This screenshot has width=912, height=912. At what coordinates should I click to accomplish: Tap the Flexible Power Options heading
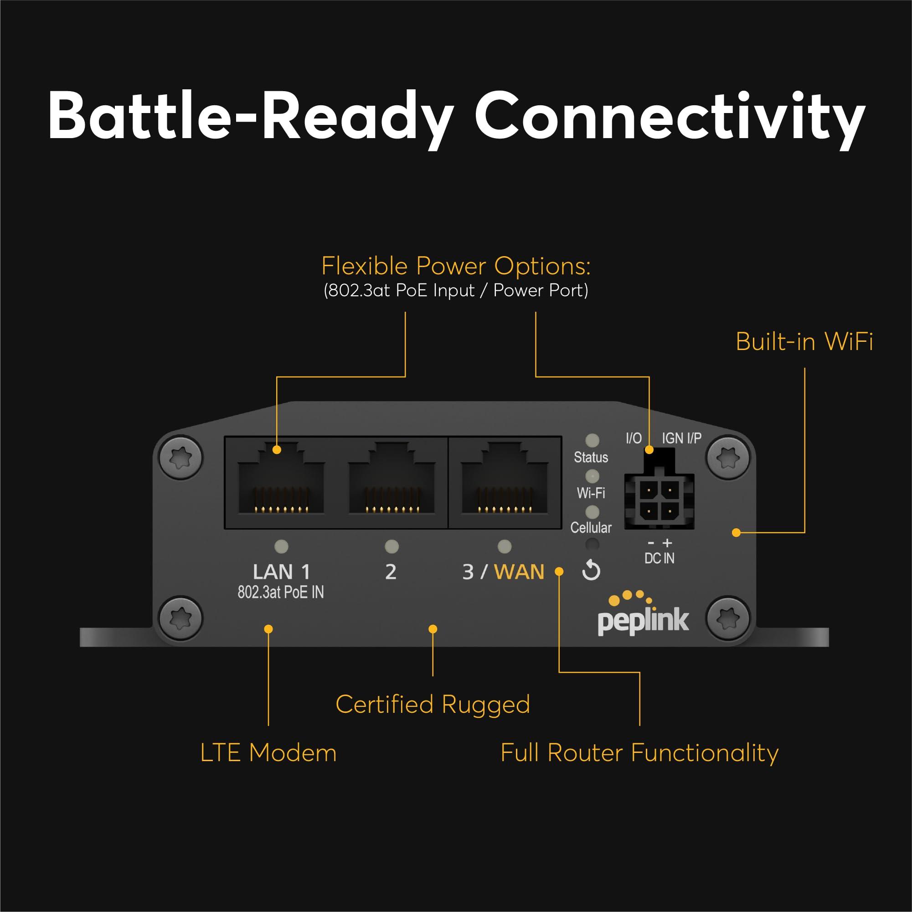click(455, 266)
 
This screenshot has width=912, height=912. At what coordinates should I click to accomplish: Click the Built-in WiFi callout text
click(804, 341)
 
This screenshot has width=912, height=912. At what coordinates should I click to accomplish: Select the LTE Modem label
click(268, 752)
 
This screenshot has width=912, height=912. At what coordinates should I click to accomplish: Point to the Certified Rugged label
click(433, 704)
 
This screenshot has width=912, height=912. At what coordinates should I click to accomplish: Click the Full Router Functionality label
click(639, 752)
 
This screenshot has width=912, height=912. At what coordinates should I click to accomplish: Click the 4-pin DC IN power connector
click(659, 500)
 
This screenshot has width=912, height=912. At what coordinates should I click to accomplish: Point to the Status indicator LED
click(592, 440)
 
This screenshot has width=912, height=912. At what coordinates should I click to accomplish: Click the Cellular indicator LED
click(592, 512)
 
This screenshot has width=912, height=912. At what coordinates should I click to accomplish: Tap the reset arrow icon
click(591, 571)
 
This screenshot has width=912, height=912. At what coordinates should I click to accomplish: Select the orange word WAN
click(519, 572)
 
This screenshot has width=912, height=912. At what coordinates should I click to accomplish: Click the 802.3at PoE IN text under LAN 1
click(280, 593)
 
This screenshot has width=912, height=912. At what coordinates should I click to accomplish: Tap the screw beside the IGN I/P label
click(727, 457)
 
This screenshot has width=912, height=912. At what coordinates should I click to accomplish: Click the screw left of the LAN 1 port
click(181, 457)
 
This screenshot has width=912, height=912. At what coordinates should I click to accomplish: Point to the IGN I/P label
click(681, 438)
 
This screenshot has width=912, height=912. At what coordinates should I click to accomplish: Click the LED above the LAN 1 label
click(281, 546)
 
